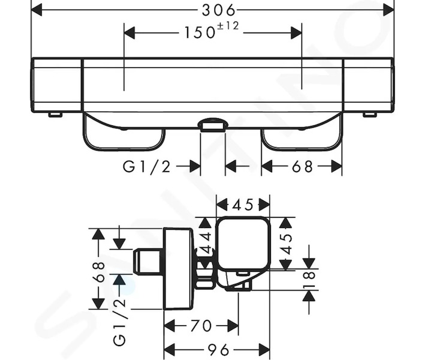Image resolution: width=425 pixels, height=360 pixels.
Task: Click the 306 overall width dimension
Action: point(219,11)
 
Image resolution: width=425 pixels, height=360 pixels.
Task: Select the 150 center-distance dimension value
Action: point(200,33)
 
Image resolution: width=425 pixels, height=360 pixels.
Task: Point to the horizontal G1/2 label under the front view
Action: point(147,166)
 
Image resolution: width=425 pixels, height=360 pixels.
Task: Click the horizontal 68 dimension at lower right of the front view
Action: point(302,166)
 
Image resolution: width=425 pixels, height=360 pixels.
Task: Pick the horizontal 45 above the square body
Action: point(243,205)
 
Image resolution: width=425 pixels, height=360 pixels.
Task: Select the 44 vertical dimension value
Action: point(206,243)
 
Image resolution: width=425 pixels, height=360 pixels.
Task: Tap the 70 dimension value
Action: point(201,326)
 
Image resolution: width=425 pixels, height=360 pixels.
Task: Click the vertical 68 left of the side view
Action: point(99,272)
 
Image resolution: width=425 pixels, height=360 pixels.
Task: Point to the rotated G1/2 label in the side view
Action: point(120,322)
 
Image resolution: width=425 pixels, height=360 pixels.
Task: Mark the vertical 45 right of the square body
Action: point(287,244)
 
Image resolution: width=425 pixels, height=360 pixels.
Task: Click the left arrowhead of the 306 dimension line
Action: point(37,11)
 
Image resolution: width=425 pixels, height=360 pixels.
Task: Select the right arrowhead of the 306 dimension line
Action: point(388,11)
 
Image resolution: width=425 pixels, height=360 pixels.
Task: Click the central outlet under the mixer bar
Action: point(213,125)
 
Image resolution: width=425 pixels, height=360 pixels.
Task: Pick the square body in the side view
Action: point(243,244)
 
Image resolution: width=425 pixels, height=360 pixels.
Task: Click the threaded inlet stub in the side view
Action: point(148,262)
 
